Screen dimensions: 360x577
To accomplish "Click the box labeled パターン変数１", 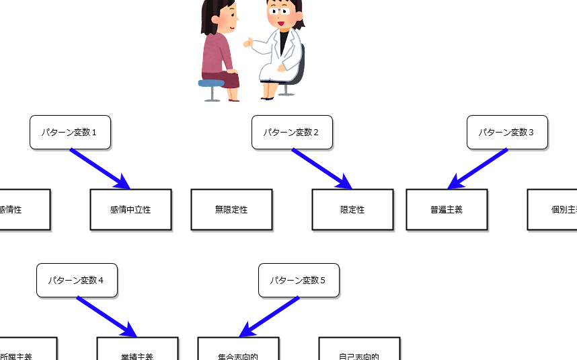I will [x=70, y=132].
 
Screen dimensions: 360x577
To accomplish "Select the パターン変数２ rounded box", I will [x=292, y=132].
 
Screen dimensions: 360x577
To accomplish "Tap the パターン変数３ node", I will [x=507, y=132].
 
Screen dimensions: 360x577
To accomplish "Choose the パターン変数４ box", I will [x=77, y=280].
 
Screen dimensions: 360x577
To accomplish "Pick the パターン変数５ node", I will [x=299, y=280].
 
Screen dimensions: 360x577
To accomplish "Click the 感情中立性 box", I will [x=130, y=209].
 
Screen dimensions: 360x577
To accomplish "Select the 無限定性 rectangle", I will [x=231, y=209].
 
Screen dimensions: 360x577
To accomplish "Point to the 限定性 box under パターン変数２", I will [x=352, y=209].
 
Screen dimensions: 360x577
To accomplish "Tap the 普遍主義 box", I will [x=447, y=209].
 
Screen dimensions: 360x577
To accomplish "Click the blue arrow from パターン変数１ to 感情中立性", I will [x=100, y=168].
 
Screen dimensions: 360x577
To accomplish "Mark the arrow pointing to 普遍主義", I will [x=477, y=168].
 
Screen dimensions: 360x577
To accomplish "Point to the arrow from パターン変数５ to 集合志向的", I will [x=269, y=316].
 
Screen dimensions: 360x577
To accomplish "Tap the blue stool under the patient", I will [x=211, y=83].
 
